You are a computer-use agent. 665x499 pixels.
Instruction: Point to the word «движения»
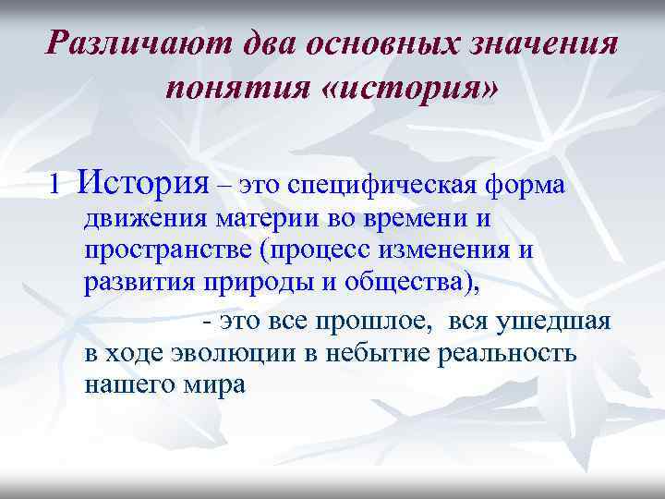[x=145, y=222]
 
